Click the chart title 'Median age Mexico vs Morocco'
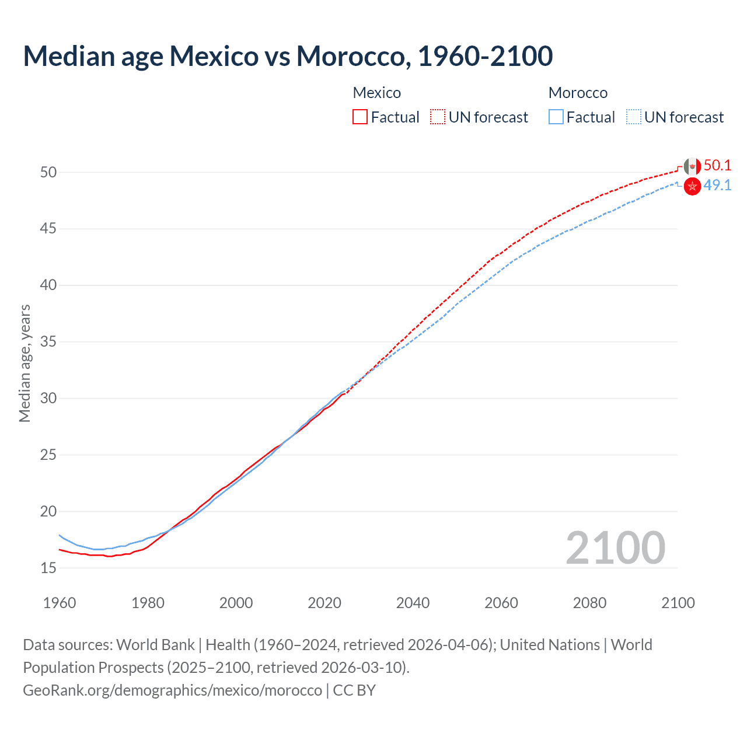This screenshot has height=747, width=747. (288, 56)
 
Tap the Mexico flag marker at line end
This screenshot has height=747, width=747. (692, 167)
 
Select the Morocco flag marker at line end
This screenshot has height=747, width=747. (692, 187)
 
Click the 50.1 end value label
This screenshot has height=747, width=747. (717, 166)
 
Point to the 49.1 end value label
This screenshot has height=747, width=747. (717, 186)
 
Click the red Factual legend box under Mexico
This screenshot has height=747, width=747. (360, 117)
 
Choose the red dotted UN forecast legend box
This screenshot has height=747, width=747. (438, 117)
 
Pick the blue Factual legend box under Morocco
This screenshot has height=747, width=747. (556, 117)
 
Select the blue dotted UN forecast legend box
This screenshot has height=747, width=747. (633, 117)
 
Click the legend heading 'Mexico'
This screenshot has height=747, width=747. (377, 93)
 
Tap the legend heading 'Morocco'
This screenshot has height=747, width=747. (578, 93)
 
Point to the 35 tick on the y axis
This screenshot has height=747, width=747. (48, 341)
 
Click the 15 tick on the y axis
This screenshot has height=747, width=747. (48, 568)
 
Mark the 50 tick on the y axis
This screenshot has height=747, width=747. (48, 172)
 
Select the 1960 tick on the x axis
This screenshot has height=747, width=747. (60, 603)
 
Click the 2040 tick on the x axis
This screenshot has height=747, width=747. (413, 603)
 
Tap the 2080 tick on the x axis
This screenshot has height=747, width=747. (589, 603)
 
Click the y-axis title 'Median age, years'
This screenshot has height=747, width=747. (25, 363)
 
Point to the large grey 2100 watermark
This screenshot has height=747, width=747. (615, 548)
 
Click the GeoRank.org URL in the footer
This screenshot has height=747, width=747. (172, 690)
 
